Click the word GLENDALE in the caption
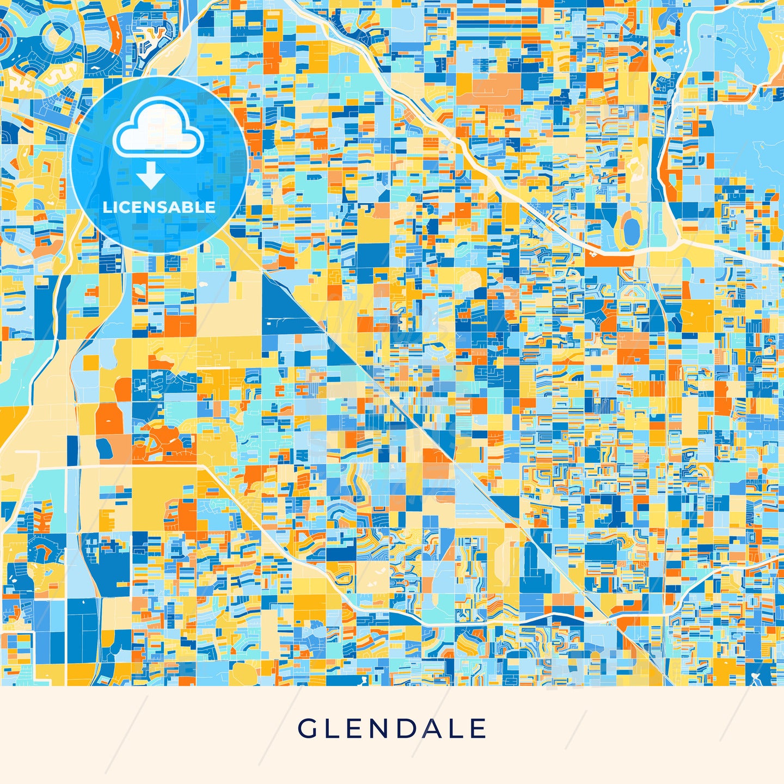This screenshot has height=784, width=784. [392, 729]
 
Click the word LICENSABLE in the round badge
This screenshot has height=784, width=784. [159, 207]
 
